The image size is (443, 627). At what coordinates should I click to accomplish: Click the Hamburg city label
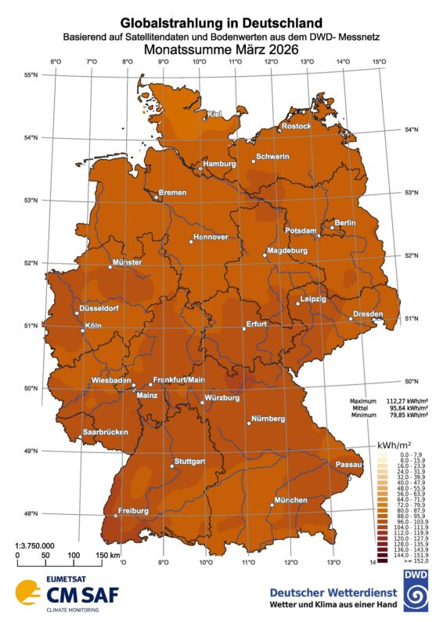click(x=219, y=164)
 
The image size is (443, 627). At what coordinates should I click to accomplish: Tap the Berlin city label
click(x=345, y=223)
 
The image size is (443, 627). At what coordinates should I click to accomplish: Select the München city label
click(x=290, y=500)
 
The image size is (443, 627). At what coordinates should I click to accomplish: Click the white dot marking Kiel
click(x=205, y=118)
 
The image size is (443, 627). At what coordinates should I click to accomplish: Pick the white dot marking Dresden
click(x=350, y=318)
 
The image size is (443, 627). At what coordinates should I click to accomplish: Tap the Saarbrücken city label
click(x=106, y=433)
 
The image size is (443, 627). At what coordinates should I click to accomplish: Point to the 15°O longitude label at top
click(x=380, y=63)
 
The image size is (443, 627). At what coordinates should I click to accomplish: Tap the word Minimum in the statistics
click(x=364, y=416)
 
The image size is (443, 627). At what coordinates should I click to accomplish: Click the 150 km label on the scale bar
click(x=108, y=556)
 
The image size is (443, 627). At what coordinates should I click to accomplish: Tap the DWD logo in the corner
click(x=411, y=590)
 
